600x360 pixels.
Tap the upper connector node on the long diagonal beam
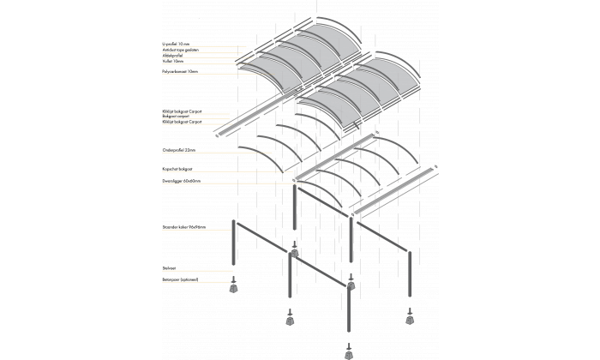pyautogui.click(x=294, y=253)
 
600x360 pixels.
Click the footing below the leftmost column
pyautogui.click(x=233, y=289)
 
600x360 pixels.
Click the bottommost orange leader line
pyautogui.click(x=197, y=281)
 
